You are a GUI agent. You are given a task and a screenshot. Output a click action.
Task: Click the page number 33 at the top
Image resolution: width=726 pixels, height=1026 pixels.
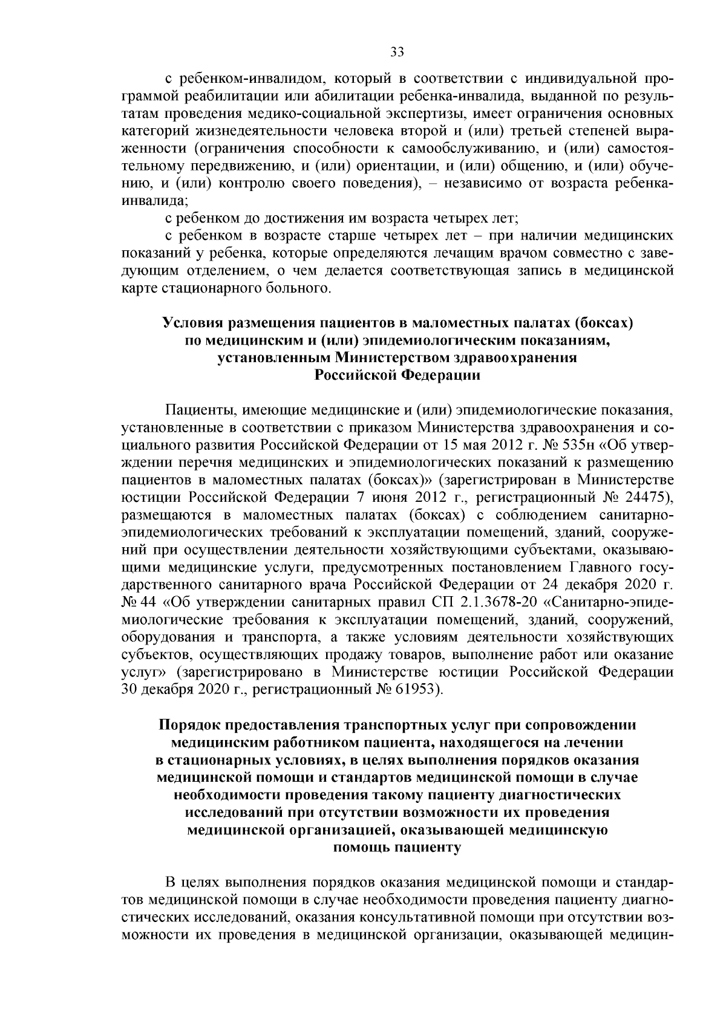[x=397, y=52]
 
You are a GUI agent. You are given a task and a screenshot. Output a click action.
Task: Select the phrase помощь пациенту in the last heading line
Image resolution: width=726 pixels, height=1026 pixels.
[x=397, y=848]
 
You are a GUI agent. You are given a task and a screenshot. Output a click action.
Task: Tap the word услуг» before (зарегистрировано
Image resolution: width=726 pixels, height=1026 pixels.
[x=143, y=672]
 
